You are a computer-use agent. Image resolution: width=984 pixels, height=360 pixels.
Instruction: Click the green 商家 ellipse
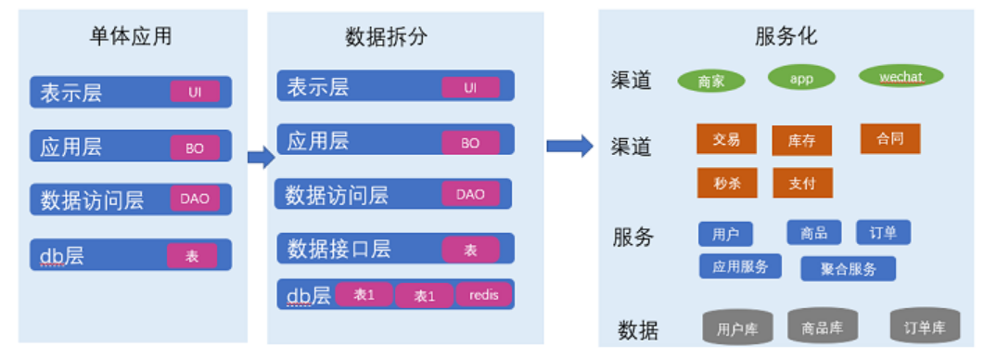[711, 81]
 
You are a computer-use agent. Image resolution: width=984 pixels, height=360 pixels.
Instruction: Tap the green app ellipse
[801, 78]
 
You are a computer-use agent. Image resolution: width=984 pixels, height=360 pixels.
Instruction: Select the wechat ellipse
[901, 77]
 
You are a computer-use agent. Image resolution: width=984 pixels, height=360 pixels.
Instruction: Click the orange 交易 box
[727, 139]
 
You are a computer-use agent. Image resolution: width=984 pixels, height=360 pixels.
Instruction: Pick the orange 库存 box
[801, 141]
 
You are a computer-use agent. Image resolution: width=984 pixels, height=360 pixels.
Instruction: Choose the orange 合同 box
[890, 138]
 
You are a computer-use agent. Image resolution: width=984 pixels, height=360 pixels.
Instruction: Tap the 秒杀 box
[727, 183]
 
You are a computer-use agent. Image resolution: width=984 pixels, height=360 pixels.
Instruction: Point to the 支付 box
[802, 183]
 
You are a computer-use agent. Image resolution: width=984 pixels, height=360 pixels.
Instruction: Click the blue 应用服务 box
[740, 265]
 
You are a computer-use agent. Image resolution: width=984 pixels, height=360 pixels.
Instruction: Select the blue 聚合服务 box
[849, 269]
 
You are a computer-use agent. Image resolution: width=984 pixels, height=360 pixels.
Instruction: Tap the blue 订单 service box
[884, 233]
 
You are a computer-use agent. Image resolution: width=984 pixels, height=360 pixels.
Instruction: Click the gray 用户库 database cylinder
[737, 327]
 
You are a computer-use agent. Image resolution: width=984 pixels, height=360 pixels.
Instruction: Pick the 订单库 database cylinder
[925, 326]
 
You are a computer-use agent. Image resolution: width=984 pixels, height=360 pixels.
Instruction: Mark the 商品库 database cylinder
[823, 326]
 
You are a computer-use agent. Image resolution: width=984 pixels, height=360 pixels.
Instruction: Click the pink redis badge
[484, 295]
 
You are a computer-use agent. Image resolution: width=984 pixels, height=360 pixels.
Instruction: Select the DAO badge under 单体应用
[195, 199]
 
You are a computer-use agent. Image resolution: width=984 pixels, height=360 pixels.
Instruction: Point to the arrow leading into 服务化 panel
[569, 146]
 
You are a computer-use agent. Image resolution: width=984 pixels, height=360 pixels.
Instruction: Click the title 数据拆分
[387, 37]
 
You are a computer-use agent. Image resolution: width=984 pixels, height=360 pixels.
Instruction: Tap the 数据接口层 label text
[339, 249]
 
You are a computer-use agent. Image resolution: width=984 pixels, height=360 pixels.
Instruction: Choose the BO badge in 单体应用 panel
[195, 148]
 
